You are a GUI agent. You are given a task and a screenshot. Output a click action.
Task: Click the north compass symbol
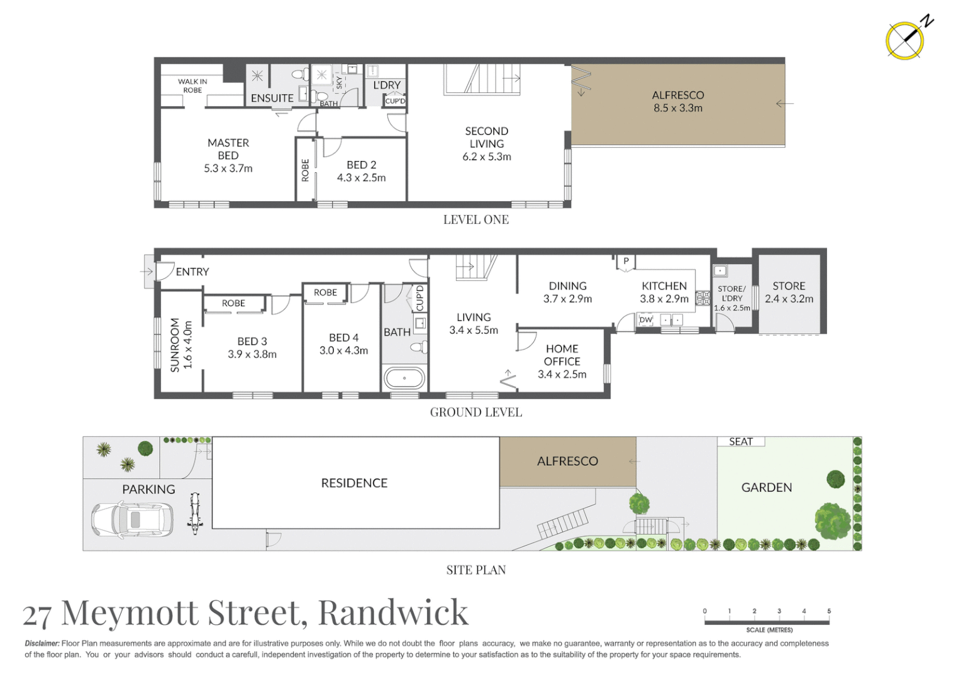pos(905,41)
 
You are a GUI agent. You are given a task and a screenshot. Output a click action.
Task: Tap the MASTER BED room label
pos(228,155)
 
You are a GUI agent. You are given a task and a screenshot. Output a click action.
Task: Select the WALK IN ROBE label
pos(192,86)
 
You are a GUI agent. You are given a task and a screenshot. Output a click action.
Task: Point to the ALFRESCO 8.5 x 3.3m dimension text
pos(678,108)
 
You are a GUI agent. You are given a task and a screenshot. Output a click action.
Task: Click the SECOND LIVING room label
pos(487,143)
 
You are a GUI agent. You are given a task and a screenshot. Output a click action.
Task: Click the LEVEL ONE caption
pos(476,220)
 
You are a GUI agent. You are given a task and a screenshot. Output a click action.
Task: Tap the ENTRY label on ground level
pos(192,272)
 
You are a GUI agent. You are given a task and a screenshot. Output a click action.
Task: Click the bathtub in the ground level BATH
pos(404,378)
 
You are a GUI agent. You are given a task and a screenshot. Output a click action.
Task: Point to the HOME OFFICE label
pos(562,355)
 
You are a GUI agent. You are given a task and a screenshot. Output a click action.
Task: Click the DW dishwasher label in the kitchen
pos(646,319)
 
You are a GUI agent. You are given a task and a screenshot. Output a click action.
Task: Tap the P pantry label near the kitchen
pos(626,261)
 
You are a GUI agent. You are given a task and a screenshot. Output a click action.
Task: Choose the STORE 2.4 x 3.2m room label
pos(789,292)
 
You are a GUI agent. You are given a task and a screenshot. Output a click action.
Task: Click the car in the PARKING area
pos(132,519)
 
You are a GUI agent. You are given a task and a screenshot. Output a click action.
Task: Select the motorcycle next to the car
pos(195,512)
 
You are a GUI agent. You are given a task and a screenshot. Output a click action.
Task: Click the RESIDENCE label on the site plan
pos(354,483)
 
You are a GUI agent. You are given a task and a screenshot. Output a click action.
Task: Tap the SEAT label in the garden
pos(741,442)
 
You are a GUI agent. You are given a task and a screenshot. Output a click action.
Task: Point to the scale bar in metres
pos(767,622)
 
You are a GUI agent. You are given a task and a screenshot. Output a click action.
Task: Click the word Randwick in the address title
pos(394,612)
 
